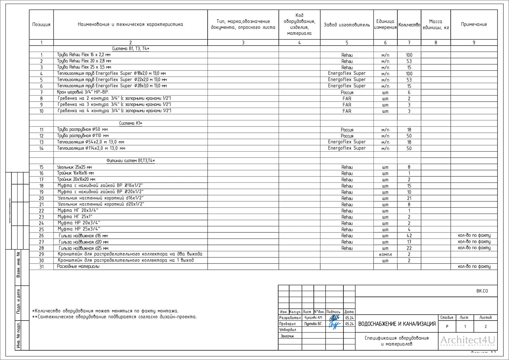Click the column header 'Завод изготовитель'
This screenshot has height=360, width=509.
[x=347, y=25]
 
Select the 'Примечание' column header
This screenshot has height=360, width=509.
[x=474, y=24]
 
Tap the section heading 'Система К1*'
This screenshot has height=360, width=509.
[x=130, y=123]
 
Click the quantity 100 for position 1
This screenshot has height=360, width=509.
[x=409, y=55]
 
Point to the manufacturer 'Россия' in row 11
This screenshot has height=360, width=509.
[x=347, y=130]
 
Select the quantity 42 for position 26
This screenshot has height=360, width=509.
[x=409, y=236]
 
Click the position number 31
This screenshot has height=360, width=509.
[x=41, y=266]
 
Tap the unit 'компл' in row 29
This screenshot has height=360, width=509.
[x=385, y=254]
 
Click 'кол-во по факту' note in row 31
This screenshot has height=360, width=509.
[x=474, y=266]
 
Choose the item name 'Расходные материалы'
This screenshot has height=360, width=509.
[x=78, y=266]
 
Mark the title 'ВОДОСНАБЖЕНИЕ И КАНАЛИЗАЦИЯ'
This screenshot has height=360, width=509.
[x=397, y=324]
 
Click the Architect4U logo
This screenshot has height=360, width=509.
[x=467, y=341]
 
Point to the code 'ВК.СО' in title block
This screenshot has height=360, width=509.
[x=482, y=291]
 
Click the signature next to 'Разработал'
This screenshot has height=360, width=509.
[x=334, y=318]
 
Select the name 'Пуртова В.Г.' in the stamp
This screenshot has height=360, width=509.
[x=313, y=324]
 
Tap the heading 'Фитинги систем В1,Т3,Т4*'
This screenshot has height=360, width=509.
[x=130, y=161]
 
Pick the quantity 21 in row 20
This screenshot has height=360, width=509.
[x=409, y=198]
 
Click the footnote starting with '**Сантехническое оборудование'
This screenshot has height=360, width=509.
[x=114, y=317]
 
